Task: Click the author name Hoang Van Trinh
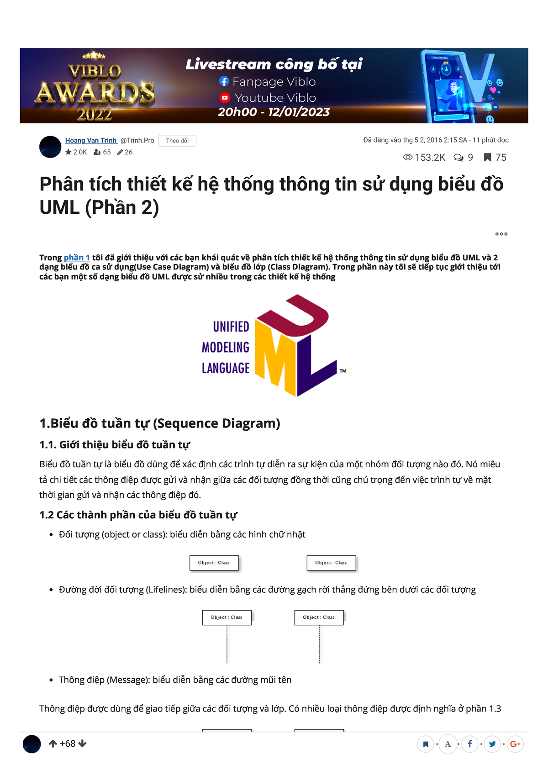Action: (91, 141)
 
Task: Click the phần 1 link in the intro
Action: (77, 258)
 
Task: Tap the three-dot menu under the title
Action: (501, 234)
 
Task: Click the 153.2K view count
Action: (429, 158)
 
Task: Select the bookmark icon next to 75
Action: (488, 158)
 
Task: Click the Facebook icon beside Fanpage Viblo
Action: (224, 81)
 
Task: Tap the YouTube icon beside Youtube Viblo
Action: (225, 98)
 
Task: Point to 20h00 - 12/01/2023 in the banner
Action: (274, 112)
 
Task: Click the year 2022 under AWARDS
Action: (95, 114)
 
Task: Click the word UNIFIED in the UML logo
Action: (231, 327)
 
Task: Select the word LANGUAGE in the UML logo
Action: (226, 368)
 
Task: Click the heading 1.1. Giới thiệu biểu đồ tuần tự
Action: (115, 445)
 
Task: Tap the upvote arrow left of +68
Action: (53, 743)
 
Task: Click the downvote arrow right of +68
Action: (82, 743)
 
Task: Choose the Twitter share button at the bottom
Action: (492, 744)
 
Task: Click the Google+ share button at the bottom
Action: (515, 744)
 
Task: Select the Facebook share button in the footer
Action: (469, 744)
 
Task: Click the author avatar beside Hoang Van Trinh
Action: (50, 147)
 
